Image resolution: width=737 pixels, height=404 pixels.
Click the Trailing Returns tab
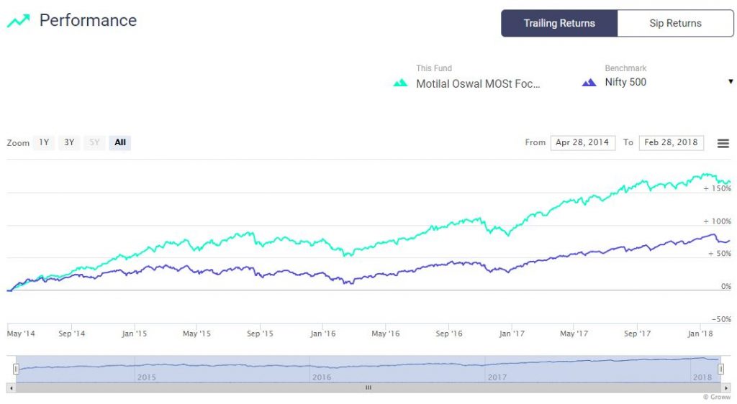(x=559, y=23)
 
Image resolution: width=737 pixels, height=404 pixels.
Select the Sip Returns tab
(x=675, y=23)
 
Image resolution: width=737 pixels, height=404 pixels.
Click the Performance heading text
(x=88, y=20)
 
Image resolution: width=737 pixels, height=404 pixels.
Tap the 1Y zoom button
(x=44, y=142)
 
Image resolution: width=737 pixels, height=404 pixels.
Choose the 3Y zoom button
(x=69, y=142)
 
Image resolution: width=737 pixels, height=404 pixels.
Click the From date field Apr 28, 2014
(x=582, y=142)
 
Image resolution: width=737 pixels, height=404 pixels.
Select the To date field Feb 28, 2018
(x=671, y=142)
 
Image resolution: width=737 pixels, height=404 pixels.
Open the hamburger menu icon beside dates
(x=723, y=143)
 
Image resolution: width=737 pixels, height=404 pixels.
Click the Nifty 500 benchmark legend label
(x=625, y=82)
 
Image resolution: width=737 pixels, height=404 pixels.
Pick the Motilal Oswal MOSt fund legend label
(x=478, y=83)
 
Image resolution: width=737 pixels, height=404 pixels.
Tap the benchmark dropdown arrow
(x=731, y=82)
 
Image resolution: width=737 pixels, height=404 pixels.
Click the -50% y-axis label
(x=720, y=318)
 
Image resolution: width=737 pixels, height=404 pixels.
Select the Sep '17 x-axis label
(x=637, y=334)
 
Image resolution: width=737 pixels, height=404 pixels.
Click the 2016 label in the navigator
(x=321, y=377)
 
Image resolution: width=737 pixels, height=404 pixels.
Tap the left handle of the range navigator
(x=16, y=369)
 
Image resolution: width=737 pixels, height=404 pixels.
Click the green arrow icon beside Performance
(x=19, y=21)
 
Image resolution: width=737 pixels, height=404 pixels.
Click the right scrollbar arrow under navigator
(x=725, y=387)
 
